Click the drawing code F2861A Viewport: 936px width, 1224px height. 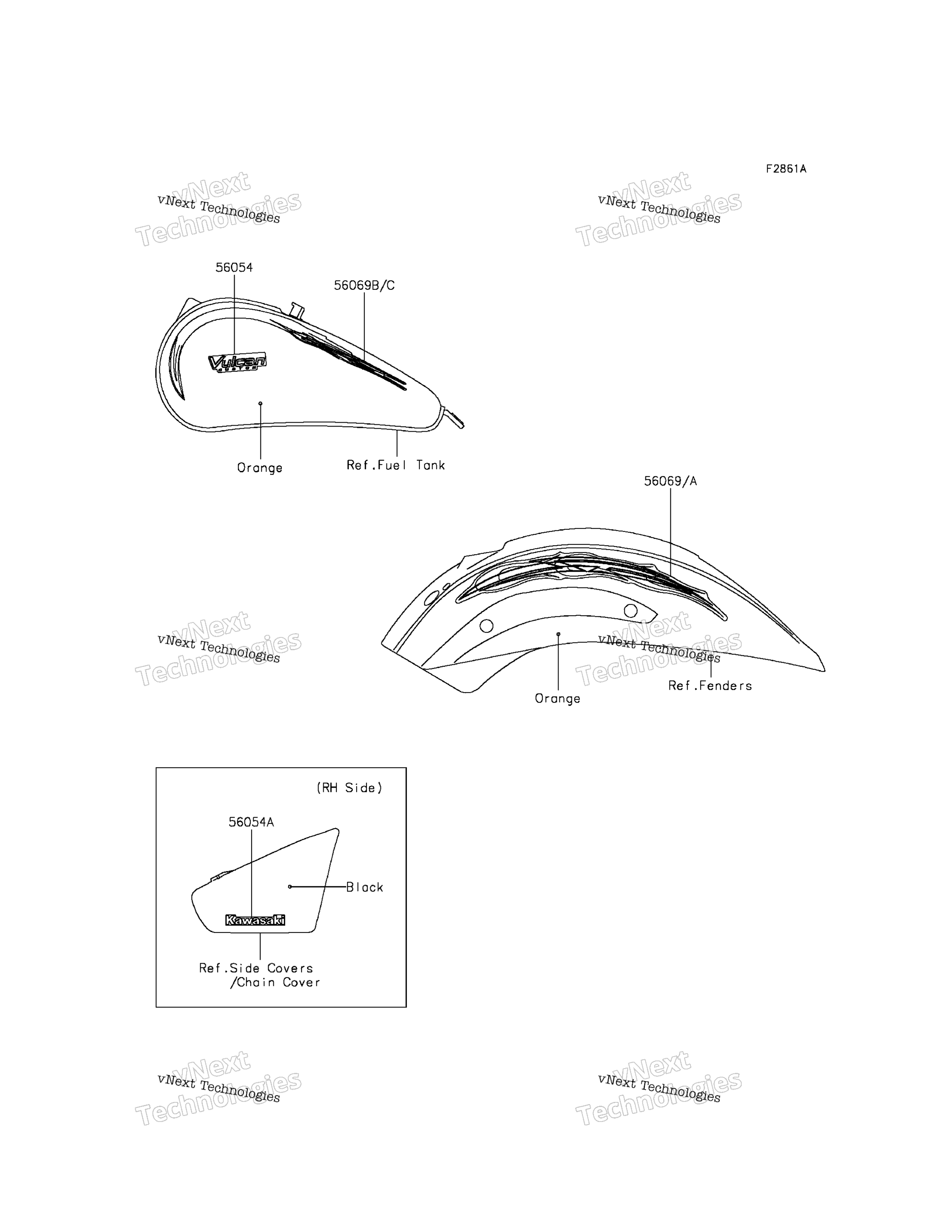pyautogui.click(x=786, y=169)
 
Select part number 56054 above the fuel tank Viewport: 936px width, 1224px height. pyautogui.click(x=234, y=267)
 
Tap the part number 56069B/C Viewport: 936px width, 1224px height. pyautogui.click(x=364, y=285)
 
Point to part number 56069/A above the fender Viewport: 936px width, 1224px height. pyautogui.click(x=670, y=481)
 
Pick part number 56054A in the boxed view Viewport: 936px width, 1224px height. pyautogui.click(x=251, y=822)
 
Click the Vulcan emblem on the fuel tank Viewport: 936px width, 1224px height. pyautogui.click(x=237, y=363)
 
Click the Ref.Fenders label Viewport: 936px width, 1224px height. pyautogui.click(x=710, y=685)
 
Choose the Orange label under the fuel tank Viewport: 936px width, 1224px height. pyautogui.click(x=260, y=468)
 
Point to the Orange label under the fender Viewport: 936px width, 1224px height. pyautogui.click(x=557, y=698)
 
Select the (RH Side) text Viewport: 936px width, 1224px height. pyautogui.click(x=349, y=787)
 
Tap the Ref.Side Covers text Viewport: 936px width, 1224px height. pyautogui.click(x=256, y=968)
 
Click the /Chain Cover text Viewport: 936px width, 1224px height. pyautogui.click(x=275, y=982)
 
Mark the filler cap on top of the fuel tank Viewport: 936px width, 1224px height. pyautogui.click(x=297, y=310)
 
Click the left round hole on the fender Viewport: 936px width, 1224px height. pyautogui.click(x=486, y=625)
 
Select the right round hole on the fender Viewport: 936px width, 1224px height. pyautogui.click(x=630, y=611)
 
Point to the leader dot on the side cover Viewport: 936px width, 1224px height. pyautogui.click(x=290, y=886)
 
